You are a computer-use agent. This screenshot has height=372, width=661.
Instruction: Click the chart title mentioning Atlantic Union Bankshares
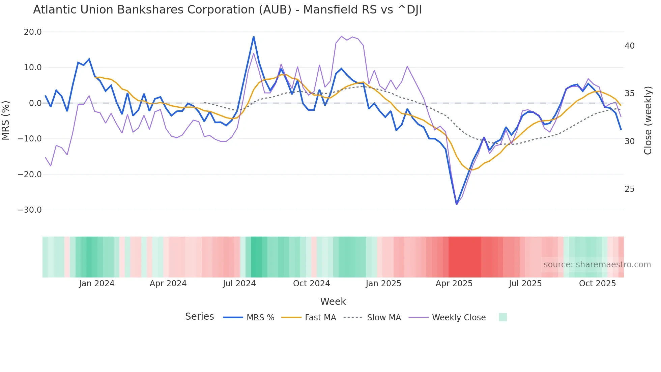[227, 10]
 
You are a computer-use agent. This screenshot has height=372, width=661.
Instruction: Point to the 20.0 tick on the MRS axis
[33, 32]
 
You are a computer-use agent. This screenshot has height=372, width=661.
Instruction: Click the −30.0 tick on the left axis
[30, 210]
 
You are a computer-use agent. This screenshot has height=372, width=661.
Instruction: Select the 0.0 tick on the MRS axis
[35, 103]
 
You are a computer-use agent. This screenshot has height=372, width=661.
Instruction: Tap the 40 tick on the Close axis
[629, 46]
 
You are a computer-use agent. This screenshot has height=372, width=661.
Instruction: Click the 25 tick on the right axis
[629, 189]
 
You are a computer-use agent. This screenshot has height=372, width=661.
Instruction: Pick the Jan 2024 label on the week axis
[97, 284]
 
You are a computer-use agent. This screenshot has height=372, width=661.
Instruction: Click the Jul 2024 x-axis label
[239, 284]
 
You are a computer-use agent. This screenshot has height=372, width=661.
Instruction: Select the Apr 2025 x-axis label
[454, 284]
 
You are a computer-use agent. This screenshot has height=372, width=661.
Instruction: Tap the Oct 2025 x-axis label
[597, 284]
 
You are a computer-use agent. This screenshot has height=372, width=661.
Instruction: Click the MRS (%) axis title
[6, 121]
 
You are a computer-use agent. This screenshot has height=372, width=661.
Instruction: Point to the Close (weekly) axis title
[648, 121]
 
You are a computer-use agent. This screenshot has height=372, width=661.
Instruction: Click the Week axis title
[333, 301]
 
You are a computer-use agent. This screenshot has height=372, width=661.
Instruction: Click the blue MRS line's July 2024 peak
[254, 37]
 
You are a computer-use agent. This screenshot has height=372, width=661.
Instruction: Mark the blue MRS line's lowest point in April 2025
[457, 204]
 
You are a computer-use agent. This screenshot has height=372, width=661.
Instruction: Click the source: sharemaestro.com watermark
[597, 265]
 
